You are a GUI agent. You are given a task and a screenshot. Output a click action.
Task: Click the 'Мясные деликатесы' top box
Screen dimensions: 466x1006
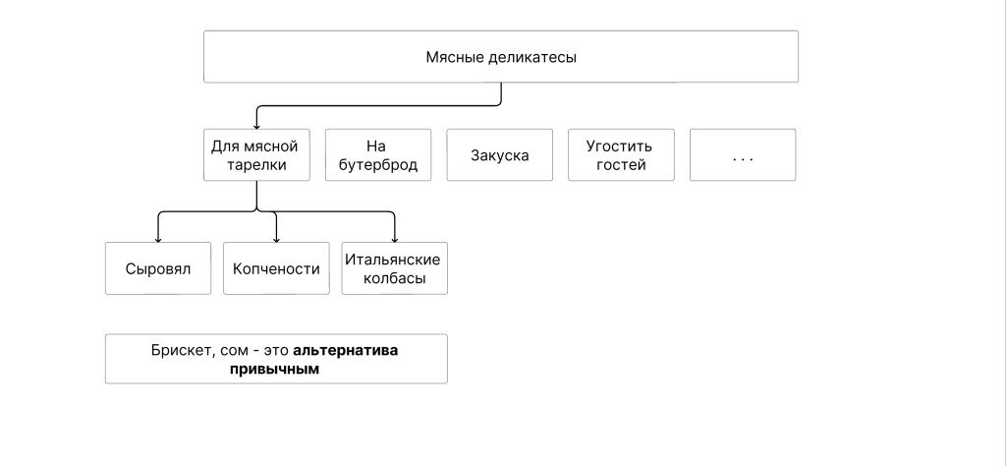[x=500, y=56]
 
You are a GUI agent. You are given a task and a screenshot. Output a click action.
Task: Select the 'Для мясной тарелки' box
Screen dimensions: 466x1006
[x=256, y=155]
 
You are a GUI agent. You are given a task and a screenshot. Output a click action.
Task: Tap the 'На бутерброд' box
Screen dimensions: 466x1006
[x=378, y=155]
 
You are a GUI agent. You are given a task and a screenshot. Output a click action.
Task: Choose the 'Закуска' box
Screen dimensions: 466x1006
[x=499, y=155]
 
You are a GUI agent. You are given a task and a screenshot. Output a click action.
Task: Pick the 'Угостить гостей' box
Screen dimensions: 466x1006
[x=621, y=155]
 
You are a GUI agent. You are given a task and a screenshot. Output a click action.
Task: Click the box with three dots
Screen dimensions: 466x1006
[x=743, y=155]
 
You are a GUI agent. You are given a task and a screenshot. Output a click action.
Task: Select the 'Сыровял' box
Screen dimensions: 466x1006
[x=157, y=268]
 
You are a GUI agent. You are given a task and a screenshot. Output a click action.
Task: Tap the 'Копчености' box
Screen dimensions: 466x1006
[x=276, y=268]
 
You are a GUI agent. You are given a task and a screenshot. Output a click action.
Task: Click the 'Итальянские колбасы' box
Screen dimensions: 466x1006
[x=394, y=268]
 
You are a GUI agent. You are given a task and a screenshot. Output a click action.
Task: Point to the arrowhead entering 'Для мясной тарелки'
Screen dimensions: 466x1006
[x=256, y=124]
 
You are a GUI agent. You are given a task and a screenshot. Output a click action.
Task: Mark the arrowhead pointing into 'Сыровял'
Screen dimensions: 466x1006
[x=158, y=238]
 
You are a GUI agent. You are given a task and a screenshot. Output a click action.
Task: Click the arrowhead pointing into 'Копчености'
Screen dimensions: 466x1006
[x=276, y=238]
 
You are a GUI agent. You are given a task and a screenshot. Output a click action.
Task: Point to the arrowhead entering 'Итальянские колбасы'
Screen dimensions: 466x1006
[x=394, y=238]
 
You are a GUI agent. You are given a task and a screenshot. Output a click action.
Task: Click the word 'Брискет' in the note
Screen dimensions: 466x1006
[x=179, y=350]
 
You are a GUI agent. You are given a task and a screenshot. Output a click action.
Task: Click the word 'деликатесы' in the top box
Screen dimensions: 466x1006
[x=536, y=57]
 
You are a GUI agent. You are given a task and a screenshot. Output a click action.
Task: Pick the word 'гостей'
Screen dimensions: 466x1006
[x=621, y=165]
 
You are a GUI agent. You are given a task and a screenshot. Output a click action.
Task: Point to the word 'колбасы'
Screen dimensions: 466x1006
[x=394, y=278]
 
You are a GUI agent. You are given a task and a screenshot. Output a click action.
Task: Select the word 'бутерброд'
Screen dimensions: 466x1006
[x=378, y=165]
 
